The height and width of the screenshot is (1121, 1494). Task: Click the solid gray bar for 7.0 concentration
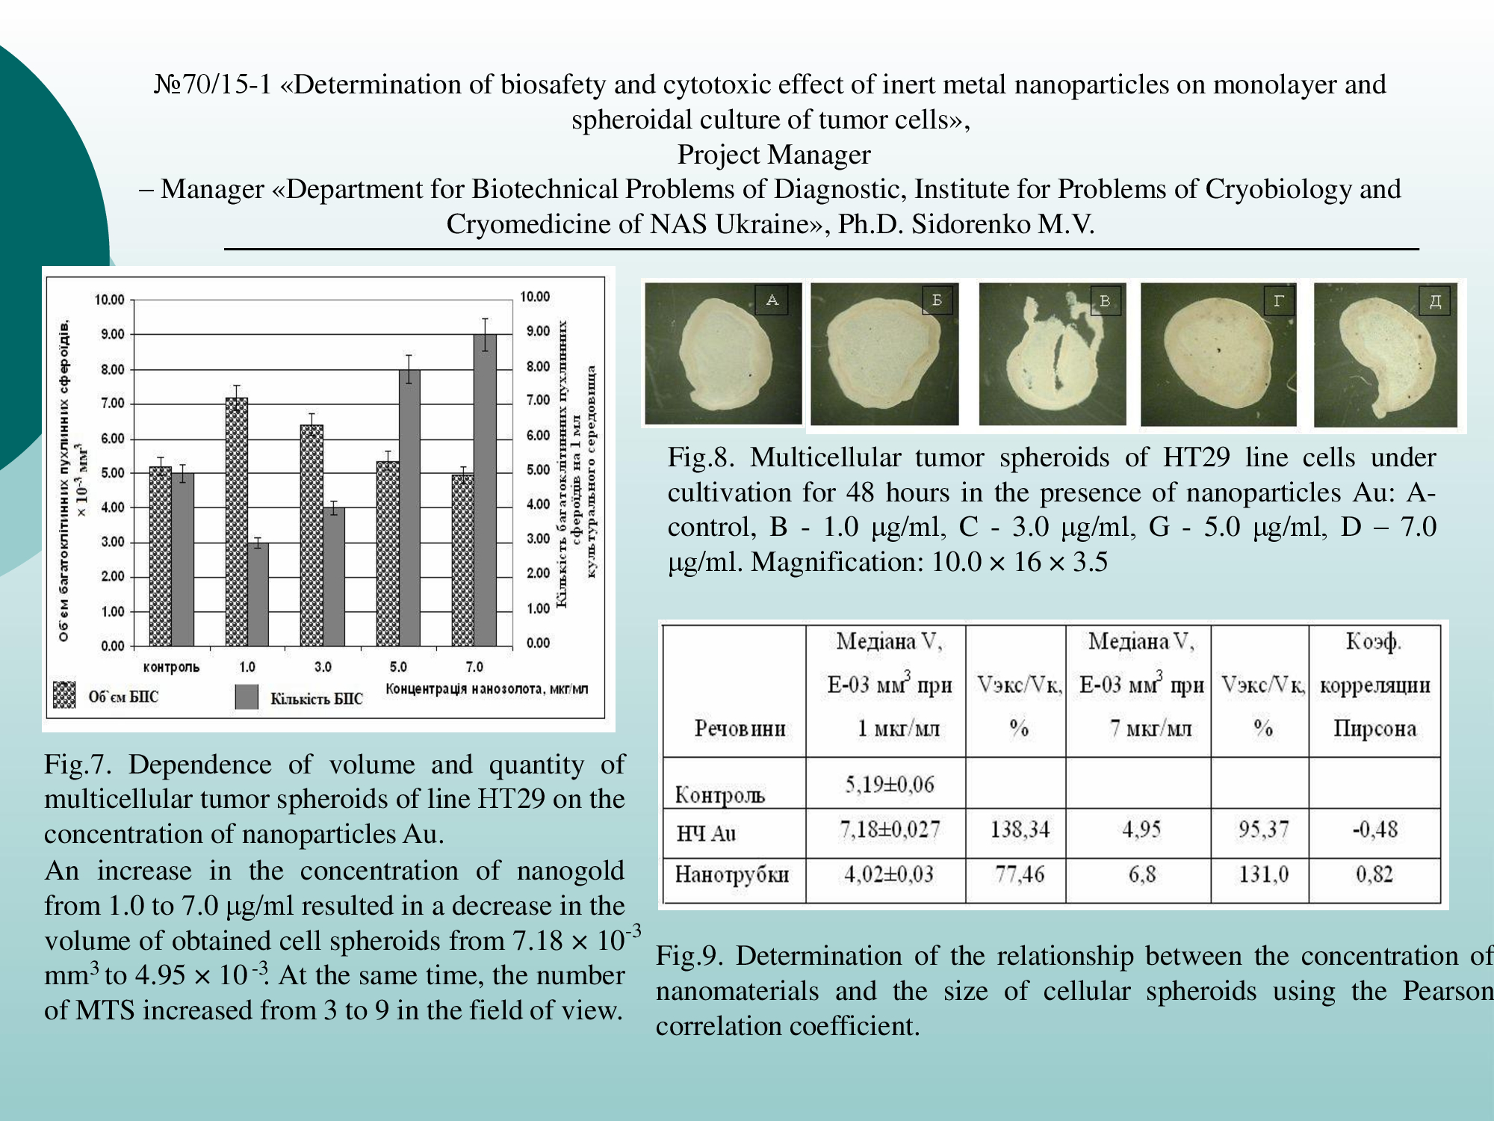[x=485, y=490]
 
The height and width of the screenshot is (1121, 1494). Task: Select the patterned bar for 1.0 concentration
[x=236, y=522]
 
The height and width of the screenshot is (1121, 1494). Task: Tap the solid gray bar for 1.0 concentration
[x=258, y=594]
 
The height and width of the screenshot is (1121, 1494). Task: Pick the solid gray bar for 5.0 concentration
[x=409, y=507]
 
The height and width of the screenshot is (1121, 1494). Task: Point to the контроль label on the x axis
[x=171, y=667]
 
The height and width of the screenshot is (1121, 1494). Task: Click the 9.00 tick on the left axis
[x=113, y=334]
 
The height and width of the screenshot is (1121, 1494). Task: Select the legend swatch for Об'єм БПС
[x=65, y=695]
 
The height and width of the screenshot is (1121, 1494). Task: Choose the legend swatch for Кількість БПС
[x=247, y=697]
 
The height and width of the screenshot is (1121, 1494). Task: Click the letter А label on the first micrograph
[x=772, y=300]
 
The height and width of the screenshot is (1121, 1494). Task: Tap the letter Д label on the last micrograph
[x=1434, y=300]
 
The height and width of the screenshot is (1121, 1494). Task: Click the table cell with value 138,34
[x=1019, y=830]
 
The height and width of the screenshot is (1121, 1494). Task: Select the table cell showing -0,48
[x=1374, y=830]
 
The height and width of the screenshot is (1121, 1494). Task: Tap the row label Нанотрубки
[x=732, y=874]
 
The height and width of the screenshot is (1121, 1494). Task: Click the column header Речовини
[x=740, y=728]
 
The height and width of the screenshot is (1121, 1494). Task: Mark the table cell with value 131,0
[x=1263, y=874]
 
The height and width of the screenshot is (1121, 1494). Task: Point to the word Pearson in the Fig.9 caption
[x=1447, y=991]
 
